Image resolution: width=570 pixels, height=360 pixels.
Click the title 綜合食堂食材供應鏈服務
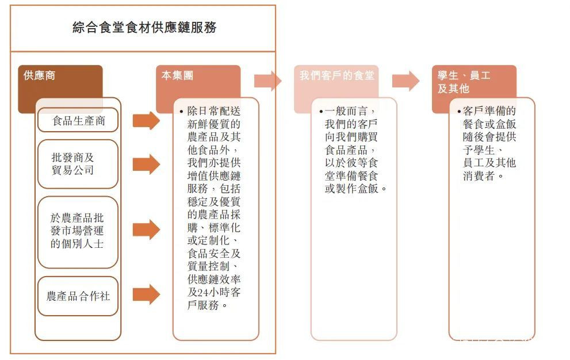click(x=144, y=27)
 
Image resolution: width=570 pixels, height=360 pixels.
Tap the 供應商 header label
click(x=39, y=75)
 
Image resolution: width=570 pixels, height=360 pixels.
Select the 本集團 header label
click(x=177, y=75)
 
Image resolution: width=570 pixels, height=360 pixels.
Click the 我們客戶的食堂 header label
click(x=336, y=75)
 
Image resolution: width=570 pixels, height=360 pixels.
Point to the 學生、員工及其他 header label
click(x=464, y=82)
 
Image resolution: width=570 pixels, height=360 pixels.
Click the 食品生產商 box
click(x=78, y=120)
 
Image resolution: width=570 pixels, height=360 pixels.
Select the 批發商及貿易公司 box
click(x=78, y=164)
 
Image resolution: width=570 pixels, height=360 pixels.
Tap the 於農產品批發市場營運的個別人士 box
click(x=78, y=232)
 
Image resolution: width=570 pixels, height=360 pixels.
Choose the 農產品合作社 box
click(x=78, y=296)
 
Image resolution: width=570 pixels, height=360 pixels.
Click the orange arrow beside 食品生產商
click(x=146, y=120)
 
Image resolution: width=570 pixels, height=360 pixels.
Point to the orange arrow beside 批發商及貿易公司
click(x=146, y=164)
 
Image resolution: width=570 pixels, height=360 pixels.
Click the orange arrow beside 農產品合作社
click(x=146, y=294)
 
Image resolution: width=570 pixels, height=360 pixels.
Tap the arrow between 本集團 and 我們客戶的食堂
click(x=267, y=81)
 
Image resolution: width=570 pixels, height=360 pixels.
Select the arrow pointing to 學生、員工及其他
click(x=405, y=81)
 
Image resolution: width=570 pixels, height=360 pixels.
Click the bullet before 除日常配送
click(x=181, y=111)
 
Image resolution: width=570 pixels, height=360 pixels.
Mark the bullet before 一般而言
click(x=321, y=111)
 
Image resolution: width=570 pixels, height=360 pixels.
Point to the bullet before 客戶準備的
click(x=459, y=111)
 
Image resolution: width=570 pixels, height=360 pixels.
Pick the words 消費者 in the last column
click(x=479, y=176)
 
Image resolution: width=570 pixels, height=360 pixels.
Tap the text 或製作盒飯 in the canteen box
click(x=351, y=189)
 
